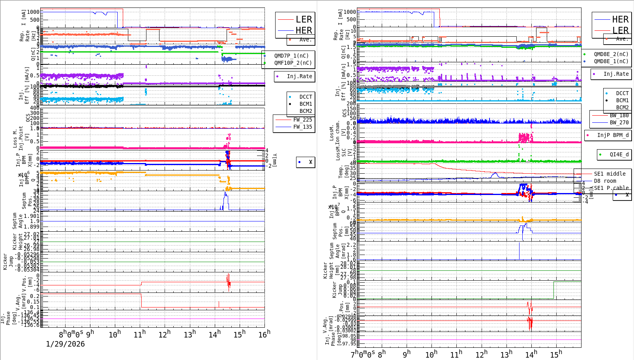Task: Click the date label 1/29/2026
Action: [65, 344]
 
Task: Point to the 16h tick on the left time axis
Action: [264, 334]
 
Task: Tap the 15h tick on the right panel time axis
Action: [556, 354]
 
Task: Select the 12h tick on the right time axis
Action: [481, 354]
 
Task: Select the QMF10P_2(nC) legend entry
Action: [293, 63]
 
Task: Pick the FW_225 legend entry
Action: [302, 120]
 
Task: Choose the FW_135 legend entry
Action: [302, 127]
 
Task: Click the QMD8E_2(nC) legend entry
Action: [611, 54]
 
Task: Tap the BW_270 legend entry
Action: [619, 122]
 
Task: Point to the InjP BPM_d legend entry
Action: [613, 135]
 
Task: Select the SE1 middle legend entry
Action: [610, 174]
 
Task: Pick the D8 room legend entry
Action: [605, 181]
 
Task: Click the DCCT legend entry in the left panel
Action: [305, 97]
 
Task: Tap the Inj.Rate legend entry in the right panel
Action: [615, 74]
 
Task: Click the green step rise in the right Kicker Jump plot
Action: [554, 290]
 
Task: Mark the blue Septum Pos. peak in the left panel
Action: [225, 193]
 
